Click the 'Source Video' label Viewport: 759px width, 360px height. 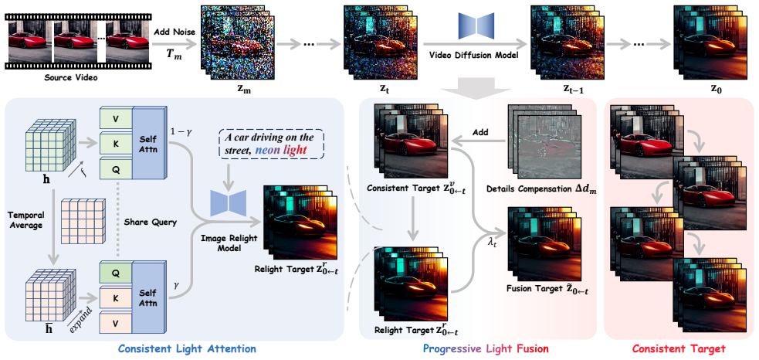pos(71,77)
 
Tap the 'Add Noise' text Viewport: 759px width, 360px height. pos(174,32)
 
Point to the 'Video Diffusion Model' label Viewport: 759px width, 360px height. pos(473,55)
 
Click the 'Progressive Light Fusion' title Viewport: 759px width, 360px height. pos(486,348)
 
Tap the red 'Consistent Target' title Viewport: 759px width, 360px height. pos(679,348)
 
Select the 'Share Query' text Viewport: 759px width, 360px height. pos(151,222)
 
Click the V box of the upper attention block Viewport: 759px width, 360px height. pos(116,119)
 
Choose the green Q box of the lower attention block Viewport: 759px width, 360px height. pos(116,273)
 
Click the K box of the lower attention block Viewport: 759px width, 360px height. pos(116,297)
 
